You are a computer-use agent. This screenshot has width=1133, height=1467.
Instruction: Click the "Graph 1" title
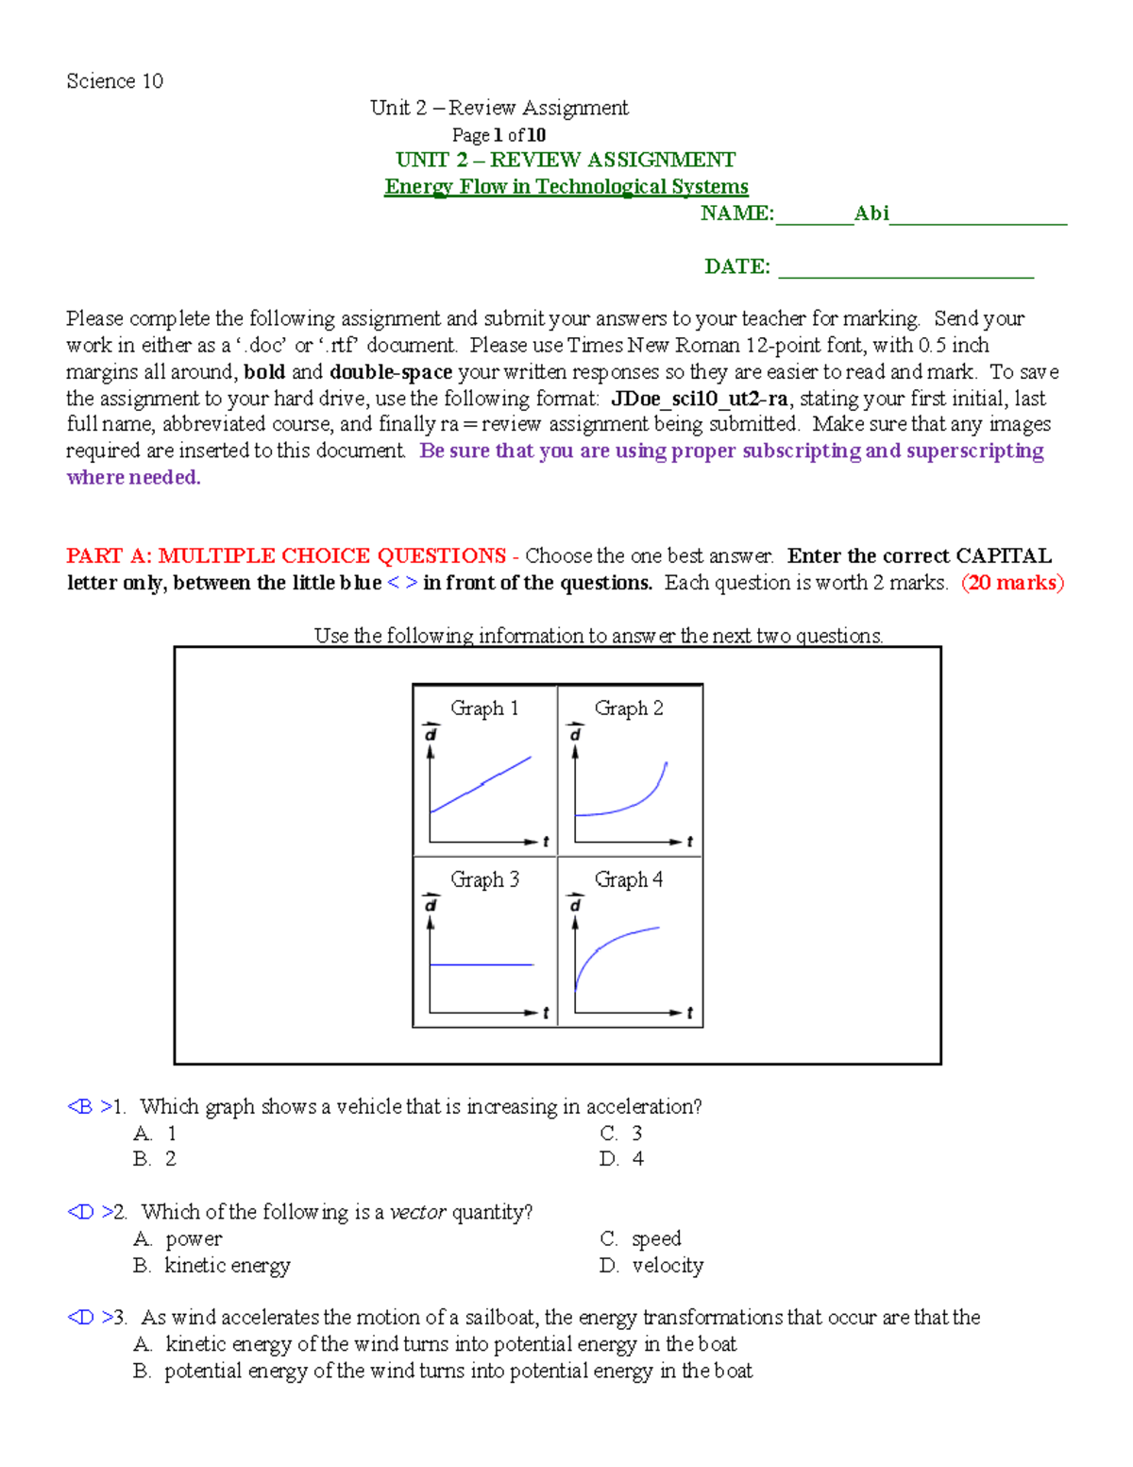pos(484,708)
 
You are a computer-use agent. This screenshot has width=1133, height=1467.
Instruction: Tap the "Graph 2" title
pos(629,708)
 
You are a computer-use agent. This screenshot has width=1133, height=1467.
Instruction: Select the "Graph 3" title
pos(484,879)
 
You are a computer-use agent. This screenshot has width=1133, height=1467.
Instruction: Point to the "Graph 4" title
pos(629,879)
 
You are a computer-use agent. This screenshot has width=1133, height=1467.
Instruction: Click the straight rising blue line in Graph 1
pos(482,784)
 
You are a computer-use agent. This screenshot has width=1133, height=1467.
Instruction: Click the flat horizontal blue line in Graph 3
pos(482,964)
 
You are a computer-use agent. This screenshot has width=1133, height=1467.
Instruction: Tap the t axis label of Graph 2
pos(689,841)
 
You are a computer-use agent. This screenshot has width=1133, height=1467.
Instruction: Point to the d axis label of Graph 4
pos(574,904)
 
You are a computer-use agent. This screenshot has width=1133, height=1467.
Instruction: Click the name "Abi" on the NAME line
pos(871,213)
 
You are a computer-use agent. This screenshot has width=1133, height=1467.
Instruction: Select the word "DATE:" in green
pos(737,266)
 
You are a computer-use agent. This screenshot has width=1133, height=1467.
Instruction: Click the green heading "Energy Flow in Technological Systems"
pos(566,187)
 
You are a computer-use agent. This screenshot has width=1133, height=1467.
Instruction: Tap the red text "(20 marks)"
pos(1012,583)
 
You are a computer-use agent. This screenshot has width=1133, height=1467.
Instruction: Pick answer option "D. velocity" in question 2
pos(651,1265)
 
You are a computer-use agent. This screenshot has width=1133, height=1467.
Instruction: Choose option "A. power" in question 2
pos(178,1238)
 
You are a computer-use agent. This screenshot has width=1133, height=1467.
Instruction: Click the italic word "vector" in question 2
pos(417,1212)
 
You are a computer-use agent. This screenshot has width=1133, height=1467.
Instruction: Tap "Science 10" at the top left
pos(114,81)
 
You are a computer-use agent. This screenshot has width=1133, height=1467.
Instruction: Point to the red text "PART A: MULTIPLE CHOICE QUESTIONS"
pos(286,555)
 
